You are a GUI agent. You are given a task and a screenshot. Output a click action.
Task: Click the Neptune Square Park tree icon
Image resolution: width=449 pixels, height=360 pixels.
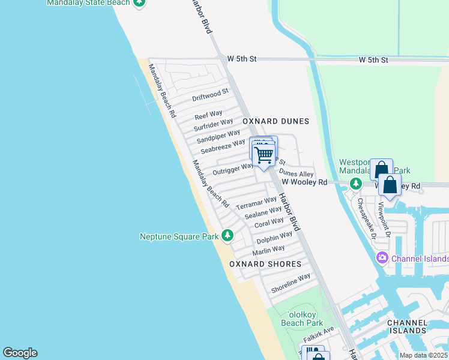[228, 236]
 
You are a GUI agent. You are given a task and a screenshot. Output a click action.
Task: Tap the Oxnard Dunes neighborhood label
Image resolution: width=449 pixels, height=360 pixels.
[276, 121]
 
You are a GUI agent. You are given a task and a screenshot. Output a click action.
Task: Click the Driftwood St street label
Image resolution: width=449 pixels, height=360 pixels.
[210, 95]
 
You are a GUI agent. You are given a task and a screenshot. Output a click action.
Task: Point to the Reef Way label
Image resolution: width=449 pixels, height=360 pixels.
[208, 114]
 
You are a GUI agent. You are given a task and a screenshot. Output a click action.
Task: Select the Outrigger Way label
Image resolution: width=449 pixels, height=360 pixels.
[234, 169]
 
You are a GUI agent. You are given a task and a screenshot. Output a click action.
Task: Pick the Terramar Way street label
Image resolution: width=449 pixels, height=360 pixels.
[256, 203]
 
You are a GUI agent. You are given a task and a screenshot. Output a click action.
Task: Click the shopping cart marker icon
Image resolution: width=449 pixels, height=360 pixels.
[264, 155]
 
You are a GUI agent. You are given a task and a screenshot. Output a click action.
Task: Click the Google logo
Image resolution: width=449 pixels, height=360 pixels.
[20, 353]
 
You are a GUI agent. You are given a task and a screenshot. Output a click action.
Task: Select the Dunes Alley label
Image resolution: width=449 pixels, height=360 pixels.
[297, 173]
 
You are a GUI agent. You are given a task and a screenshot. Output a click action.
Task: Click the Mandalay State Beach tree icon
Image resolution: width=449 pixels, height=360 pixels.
[139, 2]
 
